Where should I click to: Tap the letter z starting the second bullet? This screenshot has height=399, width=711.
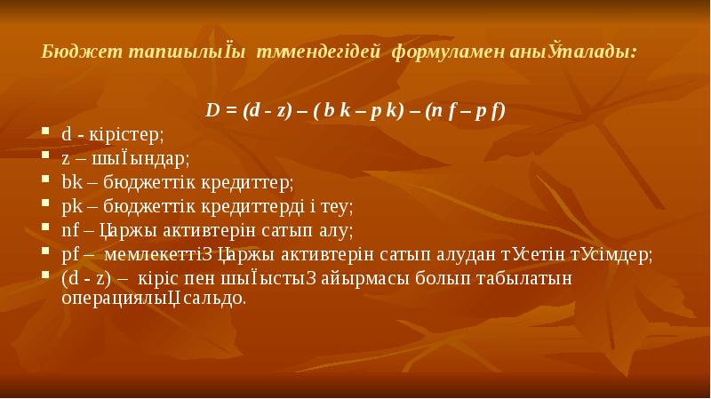(x=66, y=159)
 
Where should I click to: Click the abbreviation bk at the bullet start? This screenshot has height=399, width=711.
(x=70, y=182)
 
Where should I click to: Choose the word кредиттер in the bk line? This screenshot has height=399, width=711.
(x=244, y=182)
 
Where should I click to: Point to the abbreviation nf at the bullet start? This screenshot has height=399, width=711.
(x=70, y=230)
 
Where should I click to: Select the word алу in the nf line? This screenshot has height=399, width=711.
(x=336, y=230)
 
